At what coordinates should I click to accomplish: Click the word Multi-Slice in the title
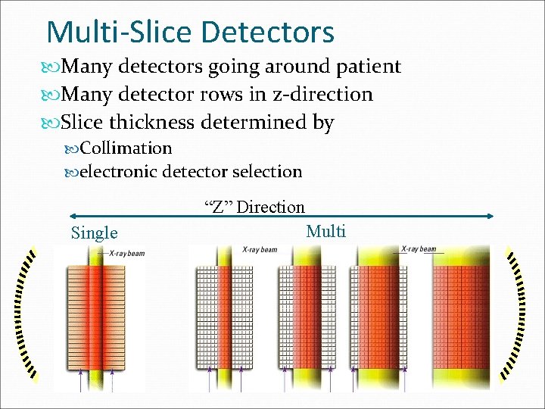coord(120,33)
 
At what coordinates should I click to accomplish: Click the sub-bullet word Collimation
coord(126,148)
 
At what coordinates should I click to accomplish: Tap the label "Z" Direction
coord(254,207)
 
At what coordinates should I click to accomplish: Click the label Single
coord(94,233)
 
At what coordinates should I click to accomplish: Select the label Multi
coord(325,231)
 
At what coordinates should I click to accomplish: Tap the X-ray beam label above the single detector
coord(126,253)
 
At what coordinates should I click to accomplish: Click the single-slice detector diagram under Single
coord(99,318)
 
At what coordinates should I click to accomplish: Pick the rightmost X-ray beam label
coord(419,248)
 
